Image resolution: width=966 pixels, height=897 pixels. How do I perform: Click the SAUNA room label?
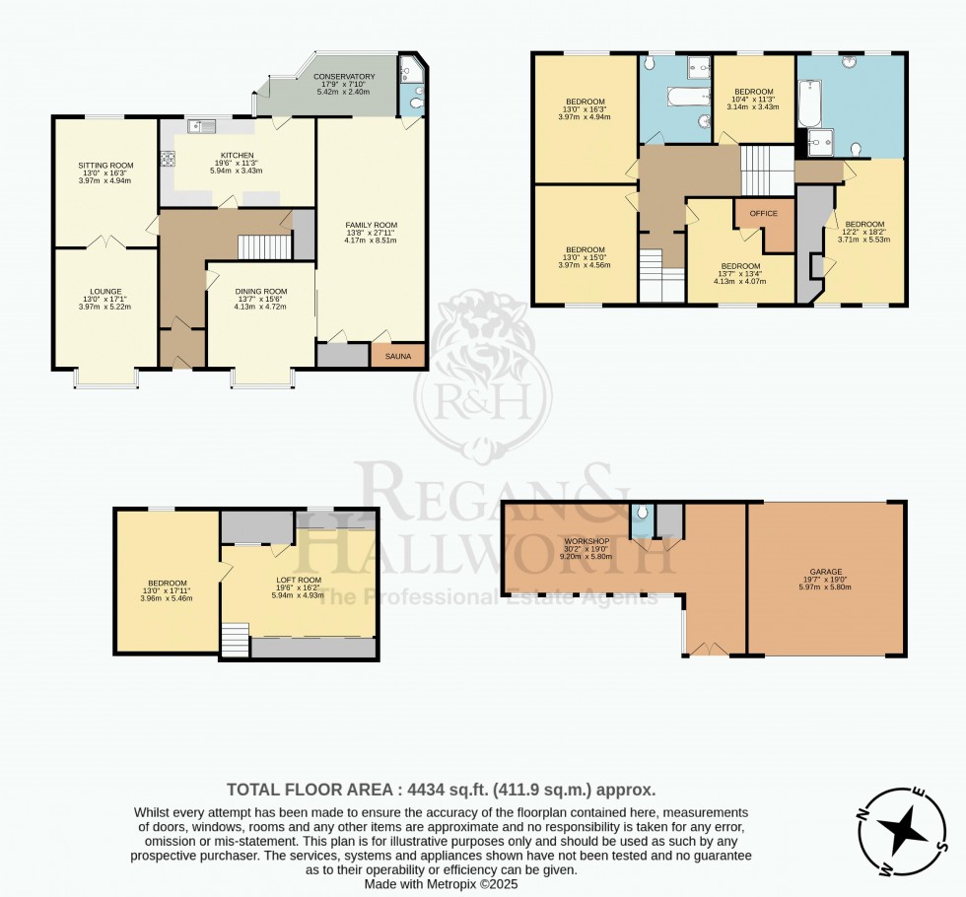point(398,356)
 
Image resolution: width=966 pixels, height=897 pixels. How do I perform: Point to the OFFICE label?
point(763,214)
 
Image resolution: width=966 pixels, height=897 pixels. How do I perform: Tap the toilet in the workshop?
point(642,514)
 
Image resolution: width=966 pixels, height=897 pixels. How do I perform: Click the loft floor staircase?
point(235,641)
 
